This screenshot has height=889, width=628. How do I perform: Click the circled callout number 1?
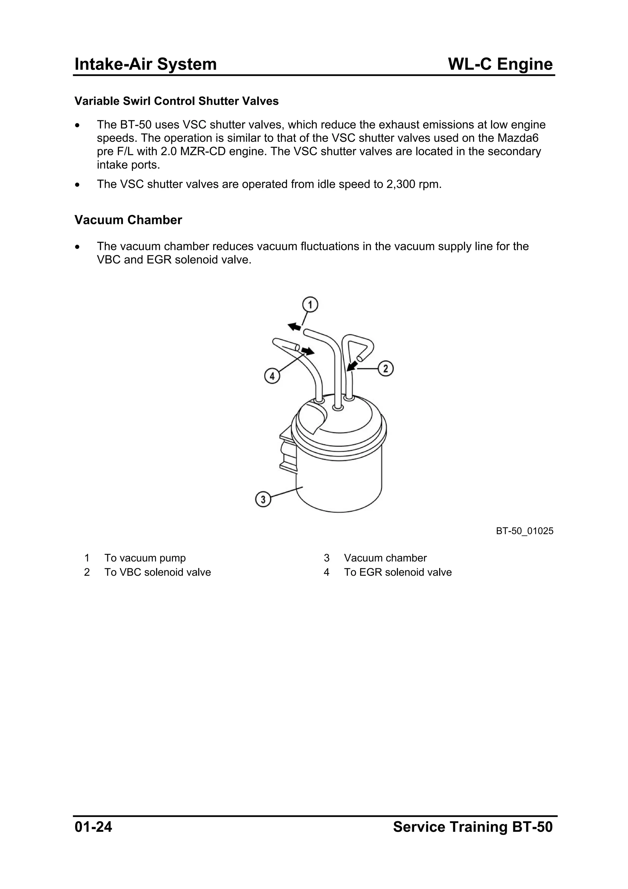tap(310, 305)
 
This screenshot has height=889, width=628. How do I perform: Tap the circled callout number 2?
tap(385, 369)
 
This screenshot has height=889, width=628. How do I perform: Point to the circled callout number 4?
tap(272, 376)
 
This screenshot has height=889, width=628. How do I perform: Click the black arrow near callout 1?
tap(294, 327)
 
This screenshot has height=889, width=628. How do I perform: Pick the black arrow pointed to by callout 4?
tap(308, 351)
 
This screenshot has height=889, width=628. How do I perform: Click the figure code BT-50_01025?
tap(524, 531)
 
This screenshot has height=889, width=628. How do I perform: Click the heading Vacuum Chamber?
tap(128, 220)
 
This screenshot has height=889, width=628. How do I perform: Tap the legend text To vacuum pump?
tap(145, 558)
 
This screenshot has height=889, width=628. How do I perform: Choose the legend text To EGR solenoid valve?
tap(397, 572)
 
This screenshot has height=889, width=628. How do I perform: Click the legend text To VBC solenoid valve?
tap(158, 572)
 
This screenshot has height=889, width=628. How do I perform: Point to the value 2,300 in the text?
tap(400, 184)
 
